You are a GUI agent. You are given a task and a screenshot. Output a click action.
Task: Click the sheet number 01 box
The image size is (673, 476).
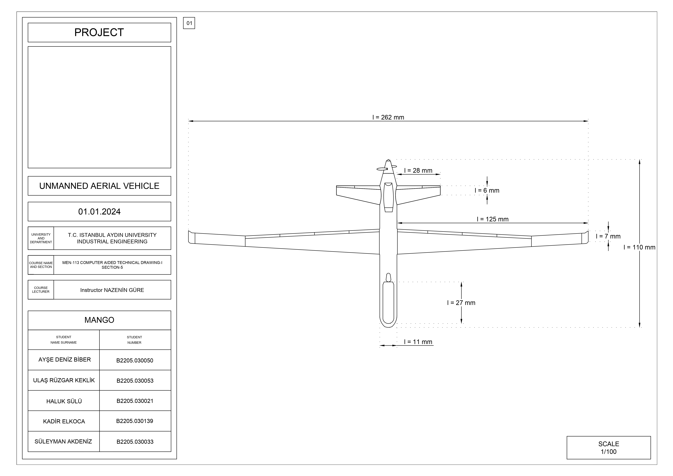(189, 23)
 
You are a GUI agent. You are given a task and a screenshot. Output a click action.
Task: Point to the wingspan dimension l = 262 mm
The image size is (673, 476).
(388, 117)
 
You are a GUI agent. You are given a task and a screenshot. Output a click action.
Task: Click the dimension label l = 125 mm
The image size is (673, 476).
(492, 219)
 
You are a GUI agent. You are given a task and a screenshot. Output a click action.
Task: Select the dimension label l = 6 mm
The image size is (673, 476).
(487, 190)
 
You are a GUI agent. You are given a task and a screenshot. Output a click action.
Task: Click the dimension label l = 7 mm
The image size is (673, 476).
(608, 236)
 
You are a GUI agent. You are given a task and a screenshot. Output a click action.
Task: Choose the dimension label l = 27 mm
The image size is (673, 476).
(461, 303)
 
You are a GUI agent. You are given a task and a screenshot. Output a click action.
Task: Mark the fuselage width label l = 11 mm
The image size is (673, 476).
(418, 342)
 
